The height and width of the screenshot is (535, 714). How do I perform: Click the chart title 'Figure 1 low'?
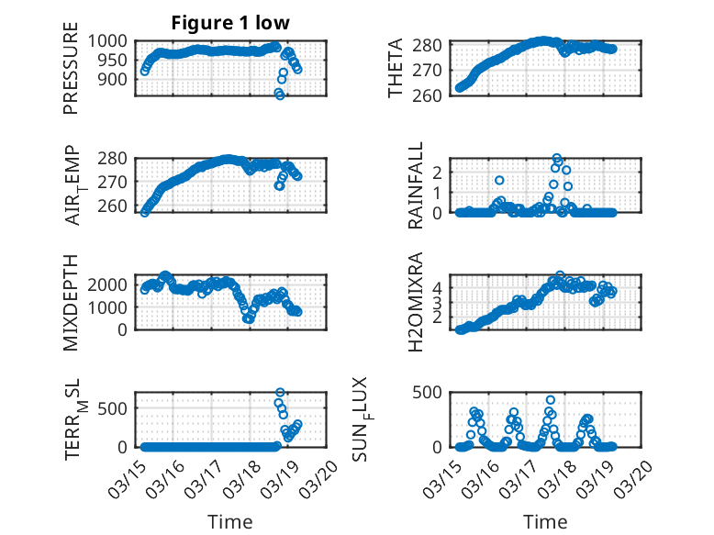pyautogui.click(x=226, y=23)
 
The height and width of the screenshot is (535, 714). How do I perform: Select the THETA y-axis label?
pyautogui.click(x=396, y=69)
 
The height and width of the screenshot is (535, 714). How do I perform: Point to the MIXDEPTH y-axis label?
pyautogui.click(x=71, y=302)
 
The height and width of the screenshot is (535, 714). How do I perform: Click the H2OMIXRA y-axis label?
pyautogui.click(x=416, y=302)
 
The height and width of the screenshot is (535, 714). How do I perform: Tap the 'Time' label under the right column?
pyautogui.click(x=545, y=522)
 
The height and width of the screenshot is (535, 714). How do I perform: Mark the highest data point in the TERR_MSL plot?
pyautogui.click(x=280, y=393)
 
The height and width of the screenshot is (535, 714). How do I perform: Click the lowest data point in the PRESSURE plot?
pyautogui.click(x=280, y=95)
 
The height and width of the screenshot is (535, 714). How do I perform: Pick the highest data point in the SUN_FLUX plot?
pyautogui.click(x=551, y=400)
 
